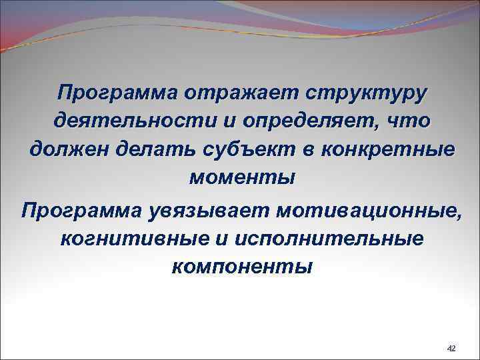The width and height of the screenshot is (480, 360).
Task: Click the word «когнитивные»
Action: (x=133, y=238)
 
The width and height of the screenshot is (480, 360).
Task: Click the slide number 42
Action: (x=451, y=349)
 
